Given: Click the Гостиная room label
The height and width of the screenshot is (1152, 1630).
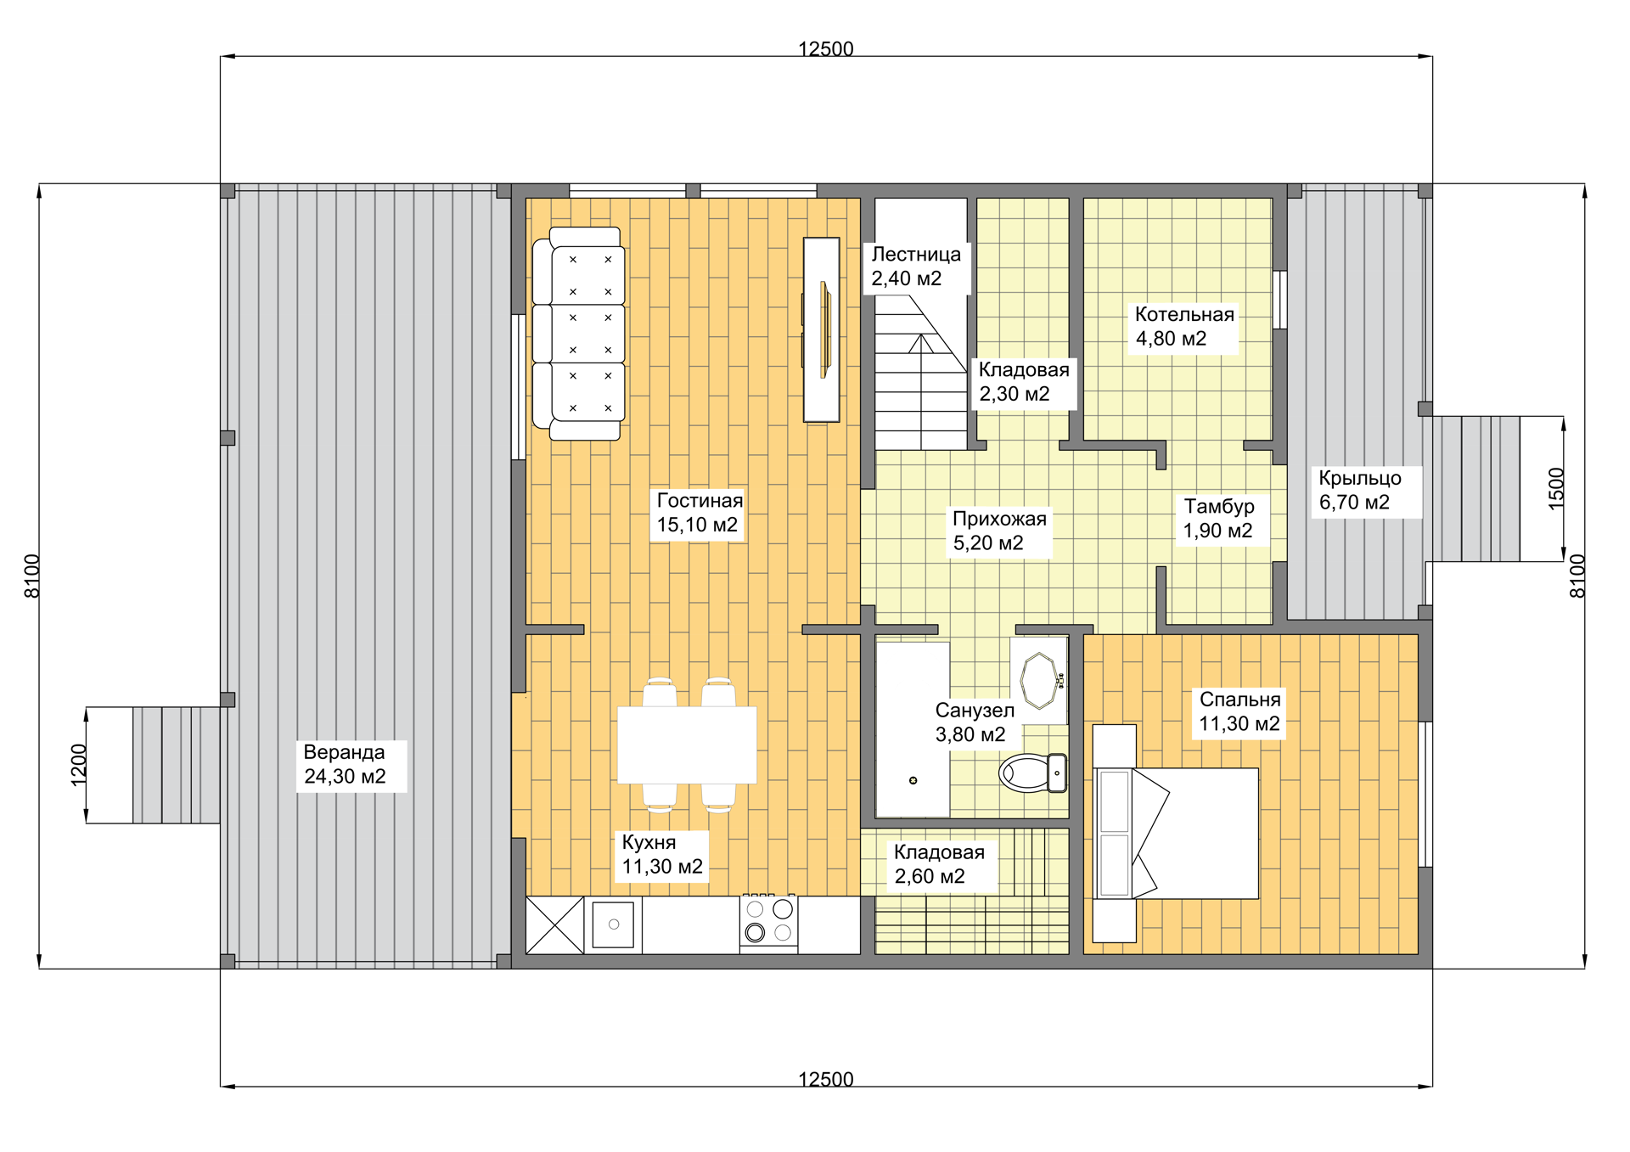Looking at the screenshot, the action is tap(700, 513).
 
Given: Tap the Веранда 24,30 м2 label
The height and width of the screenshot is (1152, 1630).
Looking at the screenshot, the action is tap(345, 764).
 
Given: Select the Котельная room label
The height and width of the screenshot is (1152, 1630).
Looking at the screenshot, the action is tap(1184, 327).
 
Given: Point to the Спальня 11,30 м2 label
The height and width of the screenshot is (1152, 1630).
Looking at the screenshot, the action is tap(1239, 711).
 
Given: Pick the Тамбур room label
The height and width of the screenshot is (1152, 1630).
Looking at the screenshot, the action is tap(1218, 518).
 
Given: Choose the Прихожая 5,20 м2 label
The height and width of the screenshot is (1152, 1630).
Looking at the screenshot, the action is tap(999, 531).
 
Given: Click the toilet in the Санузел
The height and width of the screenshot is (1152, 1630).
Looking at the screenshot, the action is tap(1033, 773).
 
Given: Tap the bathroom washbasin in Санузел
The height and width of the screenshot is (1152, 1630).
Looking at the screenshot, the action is tap(1039, 680).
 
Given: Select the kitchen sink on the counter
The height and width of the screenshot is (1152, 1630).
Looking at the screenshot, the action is tap(613, 924).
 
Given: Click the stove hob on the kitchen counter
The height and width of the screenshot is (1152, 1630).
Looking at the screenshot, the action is tap(768, 923).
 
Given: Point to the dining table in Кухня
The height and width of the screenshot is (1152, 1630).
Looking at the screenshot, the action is tap(687, 745).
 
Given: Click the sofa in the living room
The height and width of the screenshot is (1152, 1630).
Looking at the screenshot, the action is tap(579, 334).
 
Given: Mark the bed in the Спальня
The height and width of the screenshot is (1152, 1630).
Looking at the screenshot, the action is tap(1176, 833).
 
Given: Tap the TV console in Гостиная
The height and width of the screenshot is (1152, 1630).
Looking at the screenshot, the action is tap(821, 329).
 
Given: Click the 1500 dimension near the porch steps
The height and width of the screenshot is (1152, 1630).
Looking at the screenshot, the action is tap(1555, 489).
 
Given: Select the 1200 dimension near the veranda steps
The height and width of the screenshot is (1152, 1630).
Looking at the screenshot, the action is tap(78, 765).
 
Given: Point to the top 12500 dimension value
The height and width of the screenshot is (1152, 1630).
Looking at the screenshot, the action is tap(825, 48).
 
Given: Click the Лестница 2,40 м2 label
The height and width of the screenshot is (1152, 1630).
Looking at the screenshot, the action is tap(916, 267).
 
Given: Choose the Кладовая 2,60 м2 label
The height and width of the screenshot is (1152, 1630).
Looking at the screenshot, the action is tap(939, 864).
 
